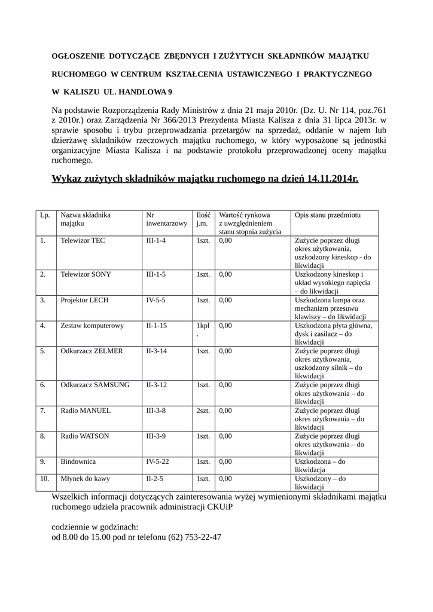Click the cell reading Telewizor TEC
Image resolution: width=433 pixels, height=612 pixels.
83,240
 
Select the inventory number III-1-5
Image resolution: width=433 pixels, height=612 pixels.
155,274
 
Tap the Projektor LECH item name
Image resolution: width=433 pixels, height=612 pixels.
84,300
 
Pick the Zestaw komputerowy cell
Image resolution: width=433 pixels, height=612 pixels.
92,326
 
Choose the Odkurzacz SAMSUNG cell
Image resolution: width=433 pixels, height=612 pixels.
94,385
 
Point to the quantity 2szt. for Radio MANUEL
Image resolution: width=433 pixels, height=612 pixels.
203,411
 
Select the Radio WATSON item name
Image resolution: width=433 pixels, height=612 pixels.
85,436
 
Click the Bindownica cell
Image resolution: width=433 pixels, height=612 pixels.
78,462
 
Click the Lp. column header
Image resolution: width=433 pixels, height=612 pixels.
45,215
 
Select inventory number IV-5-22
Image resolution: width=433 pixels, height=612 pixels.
158,462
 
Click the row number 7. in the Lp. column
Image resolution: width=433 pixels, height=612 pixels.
43,411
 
